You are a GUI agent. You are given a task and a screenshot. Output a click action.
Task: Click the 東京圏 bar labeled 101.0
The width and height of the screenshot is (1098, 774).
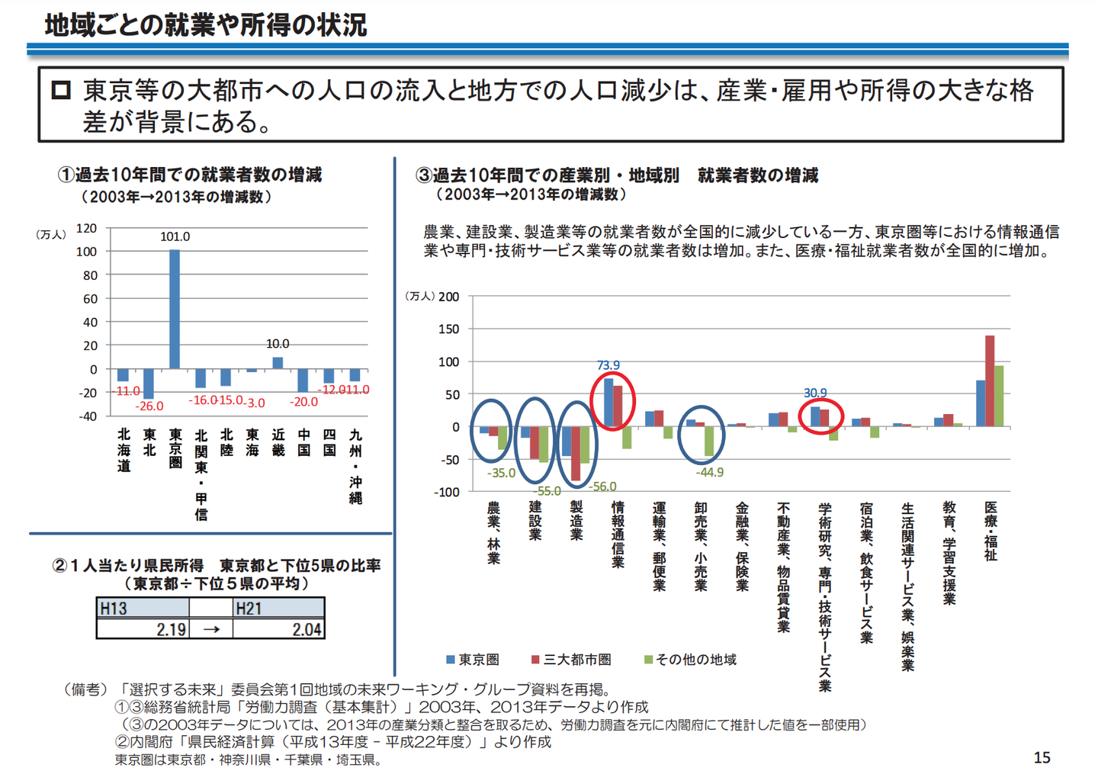pyautogui.click(x=175, y=309)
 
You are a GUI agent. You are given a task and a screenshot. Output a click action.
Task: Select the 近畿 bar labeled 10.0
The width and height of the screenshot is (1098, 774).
pyautogui.click(x=278, y=363)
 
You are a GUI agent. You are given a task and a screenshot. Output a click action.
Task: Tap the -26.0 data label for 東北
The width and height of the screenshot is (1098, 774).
pyautogui.click(x=149, y=406)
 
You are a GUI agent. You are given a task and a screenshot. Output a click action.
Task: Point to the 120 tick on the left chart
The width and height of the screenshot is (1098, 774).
pyautogui.click(x=87, y=228)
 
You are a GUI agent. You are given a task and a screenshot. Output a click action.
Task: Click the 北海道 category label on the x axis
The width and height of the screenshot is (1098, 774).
pyautogui.click(x=124, y=450)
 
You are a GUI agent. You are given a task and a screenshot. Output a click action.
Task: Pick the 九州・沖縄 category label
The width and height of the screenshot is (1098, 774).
pyautogui.click(x=355, y=466)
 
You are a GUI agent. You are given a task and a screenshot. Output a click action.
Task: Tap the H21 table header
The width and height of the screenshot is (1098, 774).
pyautogui.click(x=249, y=608)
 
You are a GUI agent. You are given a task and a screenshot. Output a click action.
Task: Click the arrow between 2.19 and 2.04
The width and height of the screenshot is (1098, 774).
pyautogui.click(x=211, y=629)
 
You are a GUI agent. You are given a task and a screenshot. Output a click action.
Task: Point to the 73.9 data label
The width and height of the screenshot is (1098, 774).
pyautogui.click(x=608, y=365)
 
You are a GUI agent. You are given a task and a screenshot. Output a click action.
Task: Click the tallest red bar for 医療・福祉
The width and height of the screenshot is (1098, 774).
pyautogui.click(x=990, y=381)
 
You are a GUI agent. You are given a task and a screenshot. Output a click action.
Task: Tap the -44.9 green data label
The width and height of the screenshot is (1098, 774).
pyautogui.click(x=710, y=472)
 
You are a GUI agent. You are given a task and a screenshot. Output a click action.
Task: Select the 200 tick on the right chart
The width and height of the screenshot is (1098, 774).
pyautogui.click(x=449, y=297)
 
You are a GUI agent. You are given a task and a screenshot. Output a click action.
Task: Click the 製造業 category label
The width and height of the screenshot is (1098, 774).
pyautogui.click(x=576, y=520)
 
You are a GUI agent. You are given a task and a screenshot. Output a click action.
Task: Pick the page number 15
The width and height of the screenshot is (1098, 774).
pyautogui.click(x=1042, y=757)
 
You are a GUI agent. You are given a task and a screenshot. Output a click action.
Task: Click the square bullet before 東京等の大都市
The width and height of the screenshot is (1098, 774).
pyautogui.click(x=61, y=91)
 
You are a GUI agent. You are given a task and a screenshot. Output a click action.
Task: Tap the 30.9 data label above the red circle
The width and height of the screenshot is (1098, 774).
pyautogui.click(x=815, y=393)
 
